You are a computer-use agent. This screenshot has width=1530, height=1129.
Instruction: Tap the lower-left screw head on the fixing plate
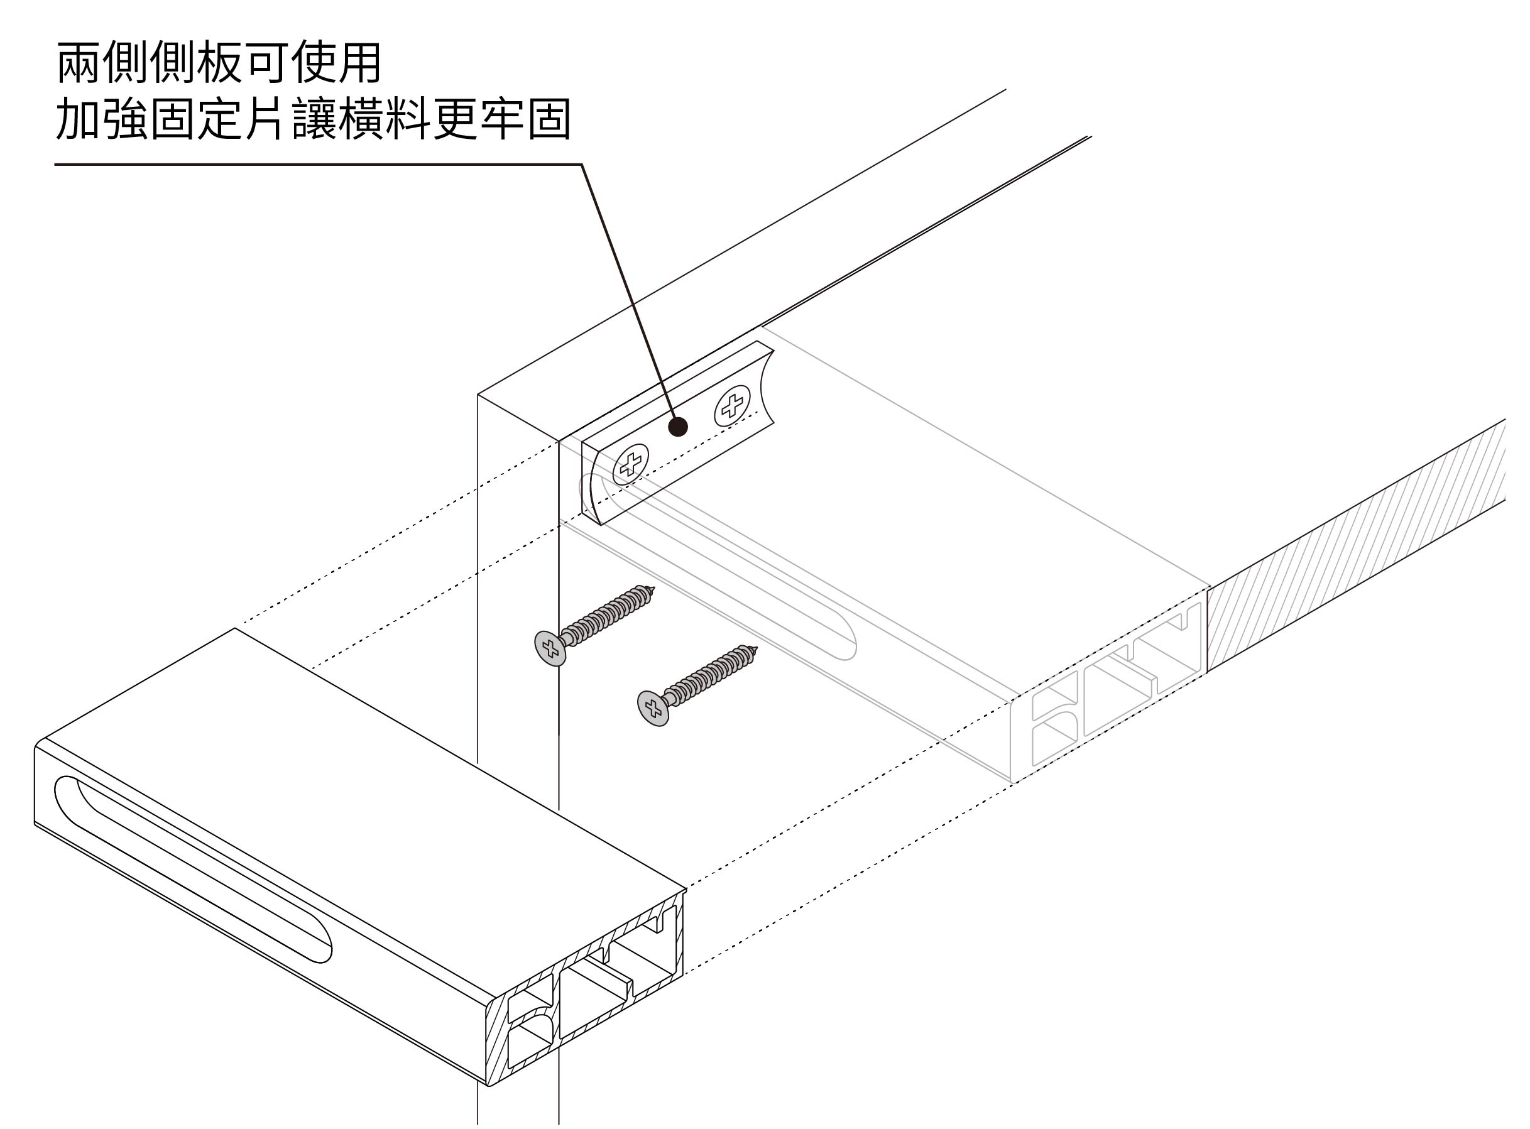click(631, 465)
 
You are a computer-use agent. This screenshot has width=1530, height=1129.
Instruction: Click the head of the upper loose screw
click(550, 648)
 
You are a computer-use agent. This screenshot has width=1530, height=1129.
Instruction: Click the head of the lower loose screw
click(653, 707)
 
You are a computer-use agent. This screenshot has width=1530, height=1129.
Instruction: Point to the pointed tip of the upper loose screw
click(653, 589)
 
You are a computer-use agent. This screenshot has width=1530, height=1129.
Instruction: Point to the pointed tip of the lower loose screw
click(757, 648)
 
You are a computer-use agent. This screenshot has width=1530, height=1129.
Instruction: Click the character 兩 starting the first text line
click(79, 63)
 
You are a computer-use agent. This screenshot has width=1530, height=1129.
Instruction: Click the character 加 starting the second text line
click(79, 119)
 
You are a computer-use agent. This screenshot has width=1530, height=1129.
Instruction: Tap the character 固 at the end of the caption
click(549, 119)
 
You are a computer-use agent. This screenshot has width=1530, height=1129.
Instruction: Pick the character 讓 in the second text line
click(314, 119)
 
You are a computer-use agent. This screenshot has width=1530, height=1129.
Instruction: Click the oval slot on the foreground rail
click(192, 868)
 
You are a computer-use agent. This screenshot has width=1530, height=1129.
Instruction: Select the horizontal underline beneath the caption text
click(314, 165)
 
